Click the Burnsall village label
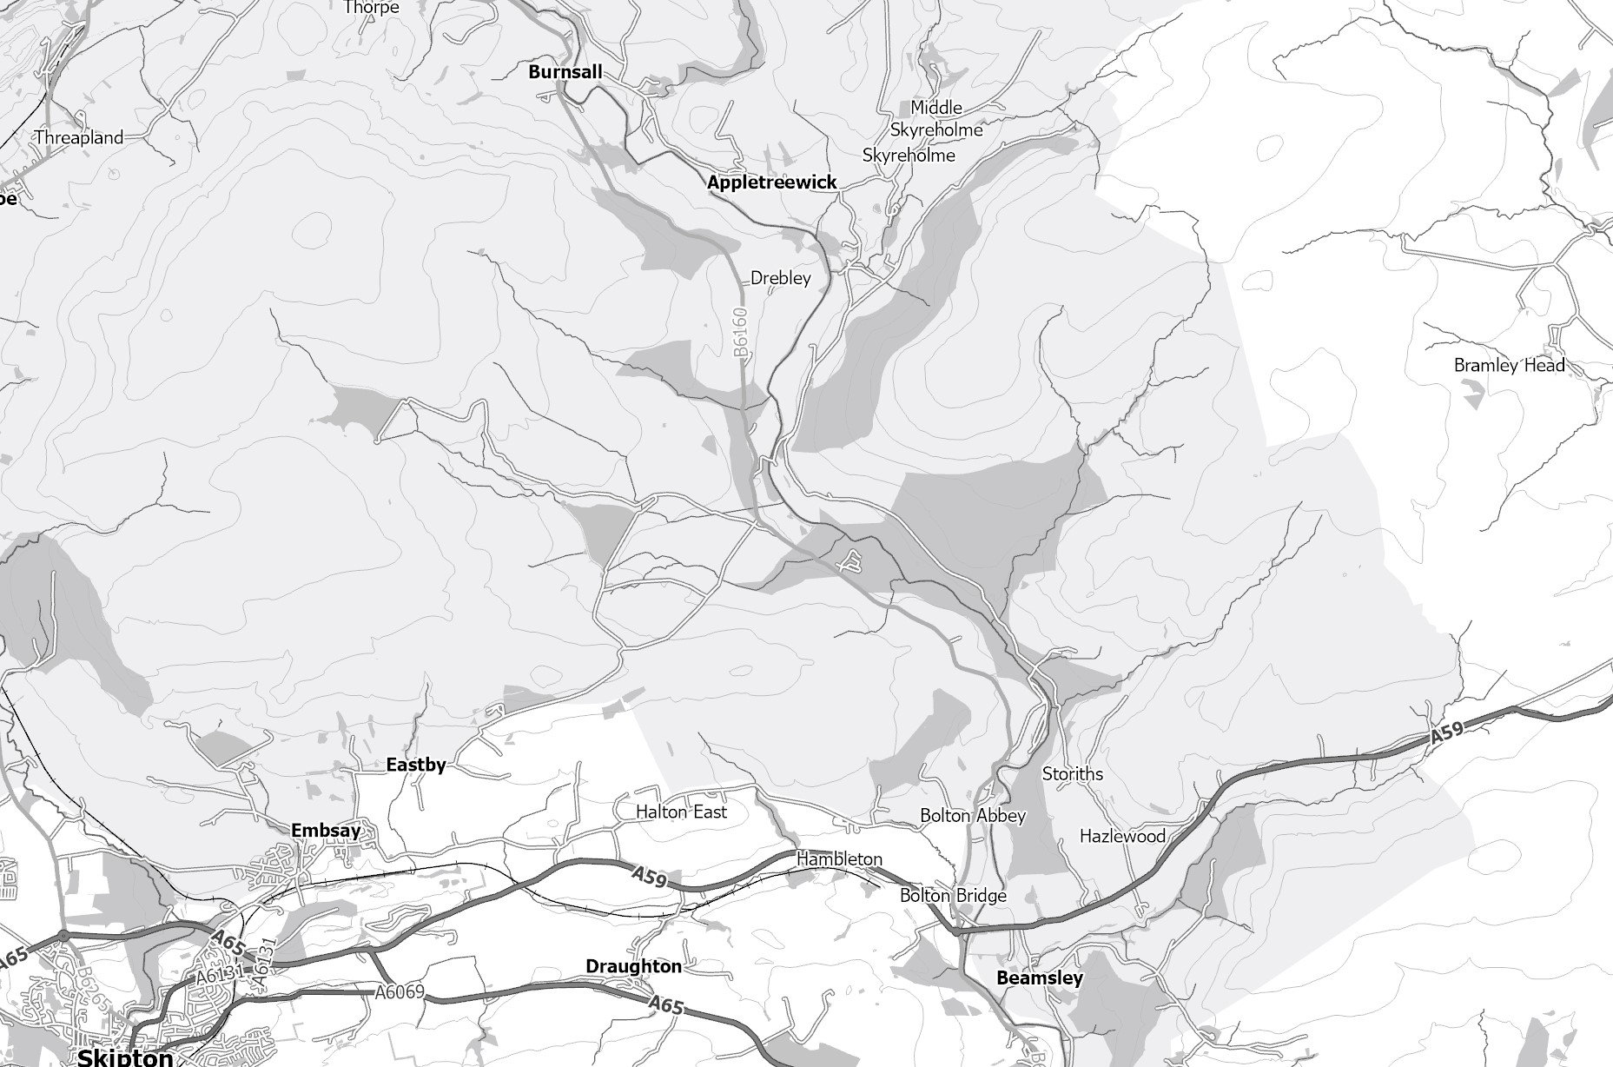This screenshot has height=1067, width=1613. [x=565, y=72]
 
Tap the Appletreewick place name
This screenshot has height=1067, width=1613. [x=771, y=182]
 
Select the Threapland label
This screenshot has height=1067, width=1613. [x=79, y=137]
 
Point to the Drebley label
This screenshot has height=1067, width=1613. [x=780, y=278]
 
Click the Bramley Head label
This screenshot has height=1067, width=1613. [x=1509, y=366]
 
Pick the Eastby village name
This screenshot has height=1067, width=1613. [x=415, y=765]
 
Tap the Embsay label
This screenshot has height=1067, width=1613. [x=325, y=831]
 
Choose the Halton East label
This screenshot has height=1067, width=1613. [x=681, y=812]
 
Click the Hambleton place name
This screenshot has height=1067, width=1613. [x=839, y=858]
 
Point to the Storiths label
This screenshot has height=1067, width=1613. [x=1072, y=773]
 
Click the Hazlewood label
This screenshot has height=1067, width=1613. [x=1122, y=836]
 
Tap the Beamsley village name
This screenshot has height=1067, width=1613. [x=1039, y=978]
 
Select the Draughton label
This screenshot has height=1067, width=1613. [x=633, y=966]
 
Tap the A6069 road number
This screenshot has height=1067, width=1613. [x=400, y=992]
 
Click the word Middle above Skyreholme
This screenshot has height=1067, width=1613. [x=935, y=108]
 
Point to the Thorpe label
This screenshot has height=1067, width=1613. [x=371, y=8]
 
